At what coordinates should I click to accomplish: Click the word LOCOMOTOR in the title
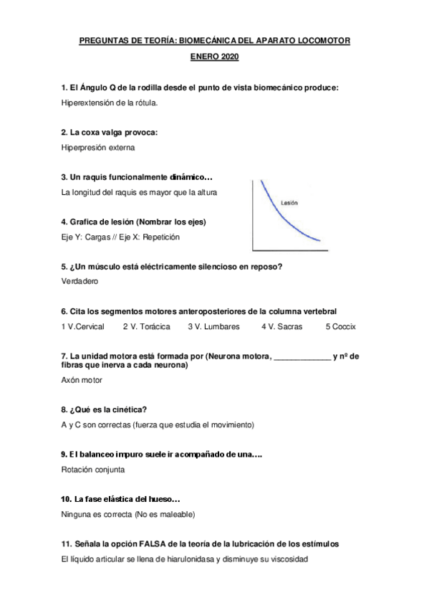[322, 42]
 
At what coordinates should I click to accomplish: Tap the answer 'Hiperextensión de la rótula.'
[110, 103]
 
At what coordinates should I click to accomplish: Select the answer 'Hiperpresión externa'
[98, 147]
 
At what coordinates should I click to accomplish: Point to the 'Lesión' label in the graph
[289, 203]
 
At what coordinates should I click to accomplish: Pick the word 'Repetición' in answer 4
[160, 237]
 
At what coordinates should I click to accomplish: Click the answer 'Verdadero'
[80, 281]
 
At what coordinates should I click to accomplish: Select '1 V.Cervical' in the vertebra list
[83, 326]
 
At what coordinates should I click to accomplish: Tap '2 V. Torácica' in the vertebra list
[146, 326]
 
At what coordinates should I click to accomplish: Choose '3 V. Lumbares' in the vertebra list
[213, 326]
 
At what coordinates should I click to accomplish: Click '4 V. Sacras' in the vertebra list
[281, 326]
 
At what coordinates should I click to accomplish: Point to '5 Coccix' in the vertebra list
[341, 326]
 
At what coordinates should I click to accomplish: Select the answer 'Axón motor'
[82, 380]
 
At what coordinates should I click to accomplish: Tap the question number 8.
[64, 409]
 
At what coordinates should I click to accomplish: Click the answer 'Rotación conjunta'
[93, 470]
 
